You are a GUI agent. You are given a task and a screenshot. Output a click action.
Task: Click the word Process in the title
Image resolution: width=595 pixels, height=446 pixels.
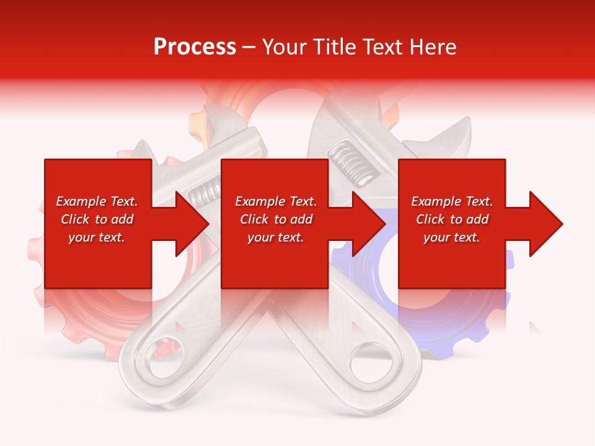(x=195, y=47)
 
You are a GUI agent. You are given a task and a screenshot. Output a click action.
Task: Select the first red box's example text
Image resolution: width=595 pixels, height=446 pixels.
(x=97, y=219)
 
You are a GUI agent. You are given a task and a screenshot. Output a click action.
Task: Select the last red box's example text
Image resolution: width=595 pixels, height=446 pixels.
(x=452, y=219)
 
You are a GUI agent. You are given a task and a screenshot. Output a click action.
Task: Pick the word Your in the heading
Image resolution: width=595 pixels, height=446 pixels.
(x=284, y=47)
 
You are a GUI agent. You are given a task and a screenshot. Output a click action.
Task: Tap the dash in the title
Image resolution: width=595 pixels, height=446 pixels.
(x=249, y=47)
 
